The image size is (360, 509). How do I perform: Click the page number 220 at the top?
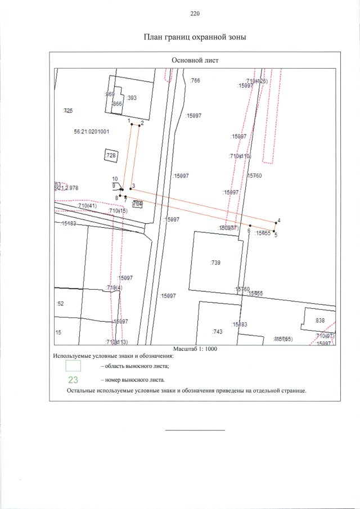pos(195,13)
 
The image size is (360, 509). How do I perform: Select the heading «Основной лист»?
pos(195,60)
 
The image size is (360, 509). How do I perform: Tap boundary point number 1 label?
pos(129,120)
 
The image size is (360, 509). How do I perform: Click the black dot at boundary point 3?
pos(130,189)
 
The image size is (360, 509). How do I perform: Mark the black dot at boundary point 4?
pos(275,223)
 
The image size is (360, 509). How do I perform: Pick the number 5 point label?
pos(276,236)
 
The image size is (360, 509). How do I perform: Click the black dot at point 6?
pos(250,226)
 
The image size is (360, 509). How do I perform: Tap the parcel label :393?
pos(132,98)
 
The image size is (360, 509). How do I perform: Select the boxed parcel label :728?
pos(111,155)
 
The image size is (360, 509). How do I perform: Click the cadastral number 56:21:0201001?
pos(91,132)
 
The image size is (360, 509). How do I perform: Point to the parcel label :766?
pos(195,81)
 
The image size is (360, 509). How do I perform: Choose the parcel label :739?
pos(215,263)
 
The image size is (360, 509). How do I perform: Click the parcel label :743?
pos(218,332)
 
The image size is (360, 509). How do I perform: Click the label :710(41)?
pos(88,206)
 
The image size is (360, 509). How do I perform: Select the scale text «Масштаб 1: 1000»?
pos(195,349)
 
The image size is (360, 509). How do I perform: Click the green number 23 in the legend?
pos(73,380)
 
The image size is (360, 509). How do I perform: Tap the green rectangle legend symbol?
pos(73,366)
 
